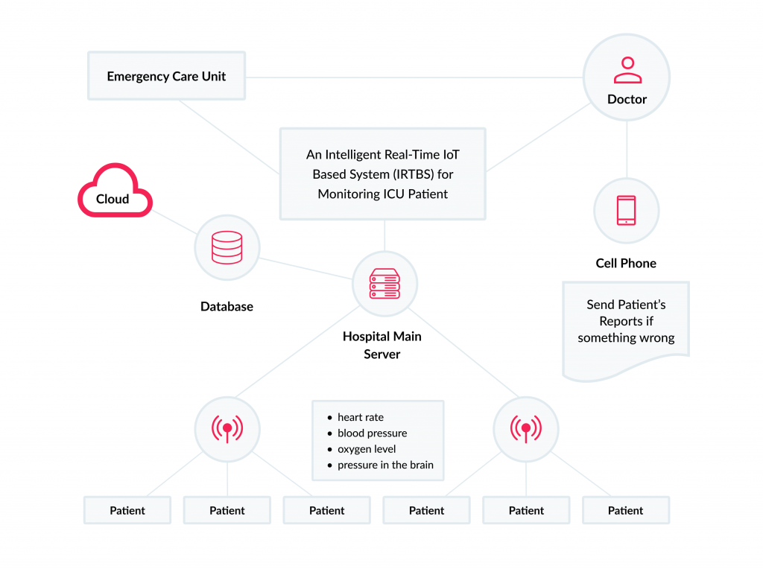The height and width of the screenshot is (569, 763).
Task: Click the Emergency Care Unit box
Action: (x=166, y=76)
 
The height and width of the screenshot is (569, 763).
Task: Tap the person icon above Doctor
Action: (x=627, y=70)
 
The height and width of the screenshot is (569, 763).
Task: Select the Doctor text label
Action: (x=627, y=99)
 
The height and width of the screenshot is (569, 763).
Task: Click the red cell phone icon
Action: (x=626, y=211)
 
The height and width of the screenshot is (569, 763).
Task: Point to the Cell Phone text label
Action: (x=626, y=263)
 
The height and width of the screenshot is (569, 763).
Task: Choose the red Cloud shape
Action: (x=114, y=194)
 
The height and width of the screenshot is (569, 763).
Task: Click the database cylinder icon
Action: (x=227, y=247)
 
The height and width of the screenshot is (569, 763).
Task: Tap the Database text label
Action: (x=227, y=306)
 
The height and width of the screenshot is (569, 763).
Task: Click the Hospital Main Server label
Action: (x=382, y=345)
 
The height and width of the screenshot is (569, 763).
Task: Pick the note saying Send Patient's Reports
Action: (x=626, y=322)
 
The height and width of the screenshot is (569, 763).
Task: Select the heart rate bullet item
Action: (x=361, y=417)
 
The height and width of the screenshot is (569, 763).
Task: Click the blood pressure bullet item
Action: (x=372, y=433)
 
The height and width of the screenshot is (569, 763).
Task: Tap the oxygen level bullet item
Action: (x=367, y=449)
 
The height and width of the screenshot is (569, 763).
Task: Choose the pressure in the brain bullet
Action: (x=385, y=465)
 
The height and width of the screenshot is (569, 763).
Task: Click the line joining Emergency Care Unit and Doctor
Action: (x=414, y=77)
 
